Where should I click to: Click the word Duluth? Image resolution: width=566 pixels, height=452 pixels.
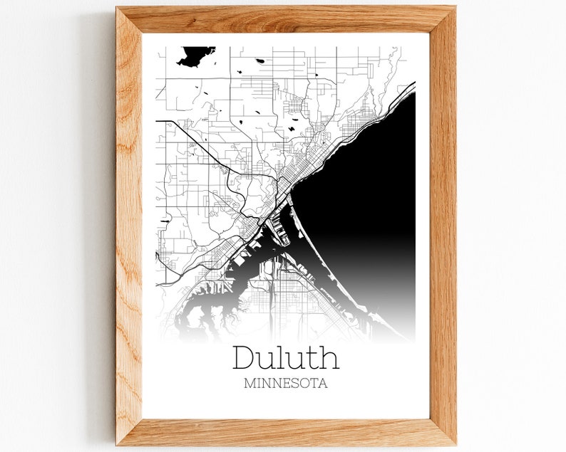click(x=285, y=357)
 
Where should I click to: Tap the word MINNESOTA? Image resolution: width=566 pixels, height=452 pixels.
click(x=285, y=383)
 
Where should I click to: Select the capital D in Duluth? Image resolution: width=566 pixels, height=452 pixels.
click(x=243, y=357)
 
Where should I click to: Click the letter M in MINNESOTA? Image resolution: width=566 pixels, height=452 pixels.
click(x=249, y=383)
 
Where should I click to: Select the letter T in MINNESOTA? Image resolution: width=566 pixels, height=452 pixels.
click(x=312, y=383)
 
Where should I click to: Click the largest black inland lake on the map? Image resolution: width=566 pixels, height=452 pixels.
click(x=194, y=55)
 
